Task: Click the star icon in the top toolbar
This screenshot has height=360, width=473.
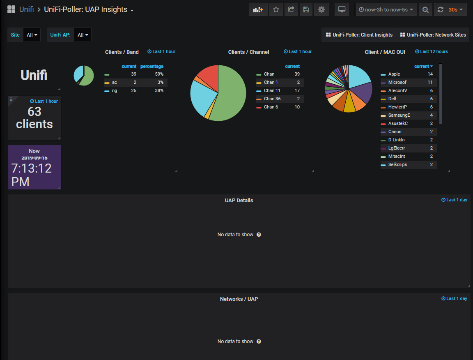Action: pyautogui.click(x=276, y=9)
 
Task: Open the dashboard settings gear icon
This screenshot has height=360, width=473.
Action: pyautogui.click(x=321, y=9)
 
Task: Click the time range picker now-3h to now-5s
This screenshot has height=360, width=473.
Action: pyautogui.click(x=386, y=9)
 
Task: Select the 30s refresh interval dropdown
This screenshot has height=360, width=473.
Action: pyautogui.click(x=455, y=9)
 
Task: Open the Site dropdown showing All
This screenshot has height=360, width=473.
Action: pyautogui.click(x=32, y=35)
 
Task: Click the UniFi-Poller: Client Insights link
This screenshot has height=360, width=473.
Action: pyautogui.click(x=359, y=35)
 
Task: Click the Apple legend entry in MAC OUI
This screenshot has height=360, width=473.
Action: pyautogui.click(x=394, y=74)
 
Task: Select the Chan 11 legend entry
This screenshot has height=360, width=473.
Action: pyautogui.click(x=272, y=90)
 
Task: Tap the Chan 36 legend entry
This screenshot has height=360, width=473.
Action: pyautogui.click(x=272, y=99)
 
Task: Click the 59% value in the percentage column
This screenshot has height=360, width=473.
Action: pyautogui.click(x=159, y=74)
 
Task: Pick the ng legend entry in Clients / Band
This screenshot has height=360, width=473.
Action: pyautogui.click(x=115, y=90)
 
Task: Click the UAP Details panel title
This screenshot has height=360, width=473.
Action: pyautogui.click(x=239, y=201)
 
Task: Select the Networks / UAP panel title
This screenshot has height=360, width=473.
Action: pyautogui.click(x=239, y=299)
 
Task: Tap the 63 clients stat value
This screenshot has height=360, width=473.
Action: pyautogui.click(x=34, y=118)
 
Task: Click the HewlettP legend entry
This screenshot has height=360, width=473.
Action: pyautogui.click(x=397, y=107)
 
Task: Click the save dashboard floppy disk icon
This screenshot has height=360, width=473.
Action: pyautogui.click(x=306, y=9)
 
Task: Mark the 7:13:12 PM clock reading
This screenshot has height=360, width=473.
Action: pyautogui.click(x=31, y=175)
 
